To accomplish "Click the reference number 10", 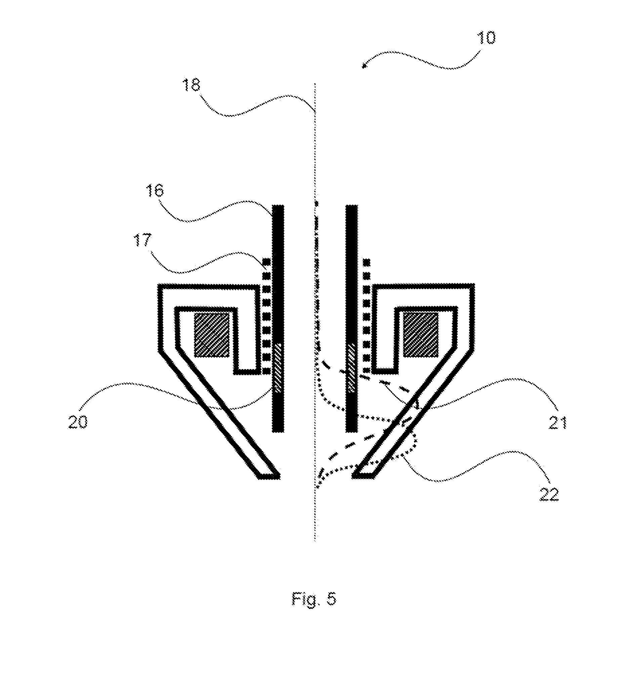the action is click(x=486, y=38).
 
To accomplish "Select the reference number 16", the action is click(x=155, y=191).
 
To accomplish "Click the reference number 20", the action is click(x=78, y=422).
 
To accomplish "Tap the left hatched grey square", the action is click(x=212, y=335).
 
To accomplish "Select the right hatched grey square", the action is click(x=421, y=335).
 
